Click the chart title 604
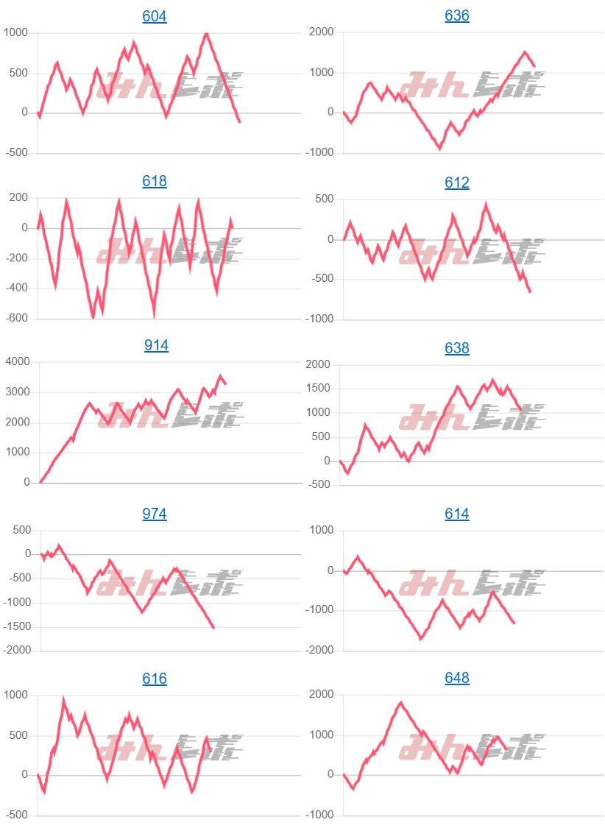click(x=155, y=16)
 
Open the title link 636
click(x=457, y=16)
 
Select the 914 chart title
click(x=156, y=345)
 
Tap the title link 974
click(x=155, y=514)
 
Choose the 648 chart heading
click(x=457, y=678)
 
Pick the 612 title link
click(x=457, y=183)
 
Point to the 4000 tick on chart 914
click(x=15, y=361)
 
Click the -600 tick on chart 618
click(x=15, y=319)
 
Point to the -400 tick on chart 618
click(x=15, y=289)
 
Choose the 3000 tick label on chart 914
click(x=15, y=392)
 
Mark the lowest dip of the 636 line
click(x=440, y=149)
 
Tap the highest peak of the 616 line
click(x=64, y=699)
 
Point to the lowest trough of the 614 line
click(x=421, y=639)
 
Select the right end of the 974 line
click(x=213, y=628)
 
